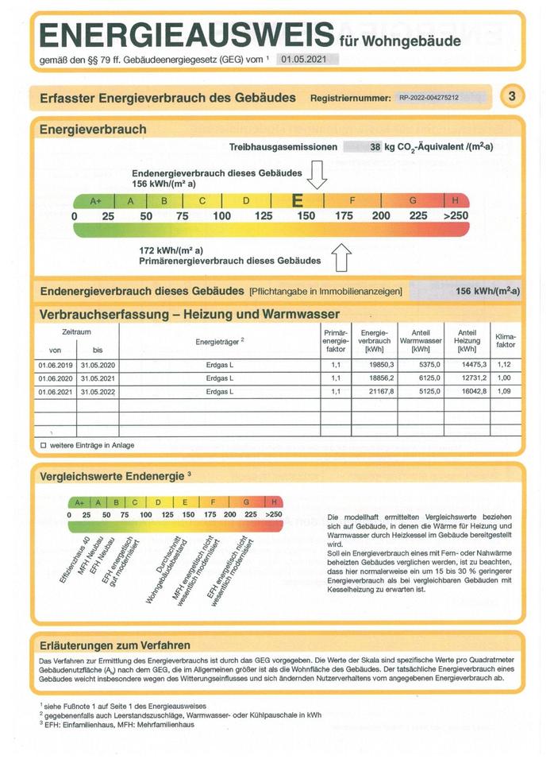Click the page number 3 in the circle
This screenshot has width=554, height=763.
pyautogui.click(x=513, y=97)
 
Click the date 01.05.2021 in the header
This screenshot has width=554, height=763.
pyautogui.click(x=308, y=59)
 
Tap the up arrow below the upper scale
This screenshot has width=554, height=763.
pyautogui.click(x=340, y=258)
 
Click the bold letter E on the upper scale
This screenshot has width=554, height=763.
pyautogui.click(x=298, y=201)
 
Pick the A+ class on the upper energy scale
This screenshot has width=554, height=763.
pyautogui.click(x=95, y=201)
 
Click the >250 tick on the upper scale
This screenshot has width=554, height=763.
pyautogui.click(x=456, y=215)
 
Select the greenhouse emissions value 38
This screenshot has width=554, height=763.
pyautogui.click(x=375, y=147)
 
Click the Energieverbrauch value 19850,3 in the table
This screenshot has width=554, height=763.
pyautogui.click(x=377, y=365)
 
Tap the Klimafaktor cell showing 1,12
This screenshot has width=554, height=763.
pyautogui.click(x=505, y=365)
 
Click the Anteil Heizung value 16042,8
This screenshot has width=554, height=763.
pyautogui.click(x=467, y=392)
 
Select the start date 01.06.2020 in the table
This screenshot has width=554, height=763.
pyautogui.click(x=55, y=378)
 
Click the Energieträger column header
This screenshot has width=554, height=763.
pyautogui.click(x=219, y=342)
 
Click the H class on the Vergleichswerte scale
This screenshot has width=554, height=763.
pyautogui.click(x=274, y=502)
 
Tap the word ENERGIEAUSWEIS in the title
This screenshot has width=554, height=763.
pyautogui.click(x=186, y=36)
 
